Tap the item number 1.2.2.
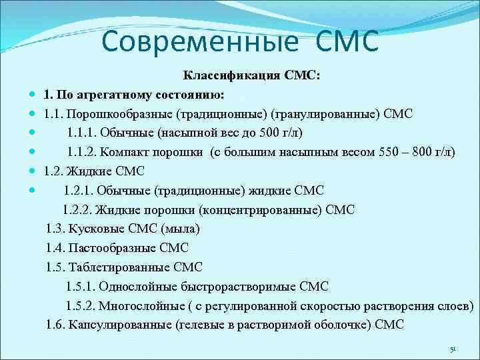[79, 210]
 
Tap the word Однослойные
[142, 287]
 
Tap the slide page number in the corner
[452, 349]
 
